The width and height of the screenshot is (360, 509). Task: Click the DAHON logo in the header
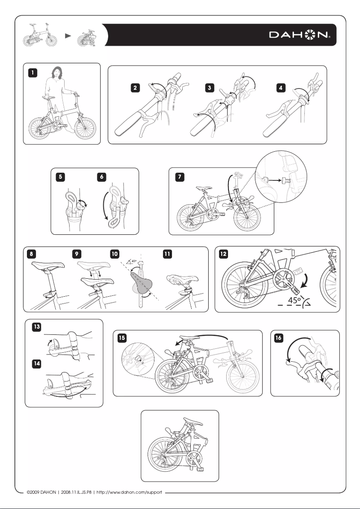(x=299, y=35)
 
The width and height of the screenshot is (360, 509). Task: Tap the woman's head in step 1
(x=57, y=71)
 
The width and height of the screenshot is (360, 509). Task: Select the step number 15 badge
(x=121, y=338)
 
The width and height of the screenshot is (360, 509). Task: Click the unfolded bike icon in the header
(x=40, y=35)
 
